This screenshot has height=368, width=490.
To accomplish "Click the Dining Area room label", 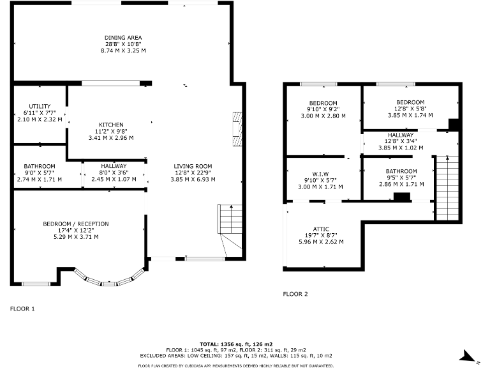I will tap(123, 38).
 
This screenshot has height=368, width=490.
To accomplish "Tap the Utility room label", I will tap(40, 107).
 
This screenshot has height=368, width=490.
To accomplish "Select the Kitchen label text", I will tap(111, 125).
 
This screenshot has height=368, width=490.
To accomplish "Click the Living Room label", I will tap(193, 167).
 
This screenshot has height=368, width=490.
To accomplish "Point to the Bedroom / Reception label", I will tap(75, 224).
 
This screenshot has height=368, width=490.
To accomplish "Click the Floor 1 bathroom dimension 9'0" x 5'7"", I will tap(40, 172).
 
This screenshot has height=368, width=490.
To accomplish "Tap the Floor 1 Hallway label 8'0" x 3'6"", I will tap(113, 172).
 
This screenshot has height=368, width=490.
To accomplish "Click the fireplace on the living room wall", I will tap(239, 128).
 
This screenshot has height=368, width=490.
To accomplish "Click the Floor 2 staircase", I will tap(446, 188).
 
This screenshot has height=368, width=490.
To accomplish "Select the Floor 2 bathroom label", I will tap(401, 171).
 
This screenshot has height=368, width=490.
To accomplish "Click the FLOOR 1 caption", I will tap(22, 309).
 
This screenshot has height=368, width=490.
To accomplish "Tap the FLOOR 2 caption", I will tap(295, 294).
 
